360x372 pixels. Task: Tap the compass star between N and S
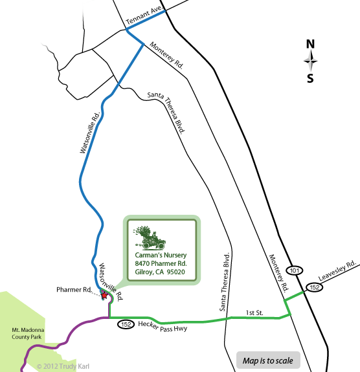click(x=311, y=61)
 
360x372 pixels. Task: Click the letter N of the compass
click(x=310, y=45)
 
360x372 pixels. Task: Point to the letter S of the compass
click(x=311, y=79)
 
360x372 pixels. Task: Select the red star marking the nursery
click(x=106, y=296)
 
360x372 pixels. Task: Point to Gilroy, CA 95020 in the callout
click(x=161, y=272)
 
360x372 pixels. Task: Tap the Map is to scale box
click(x=267, y=360)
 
